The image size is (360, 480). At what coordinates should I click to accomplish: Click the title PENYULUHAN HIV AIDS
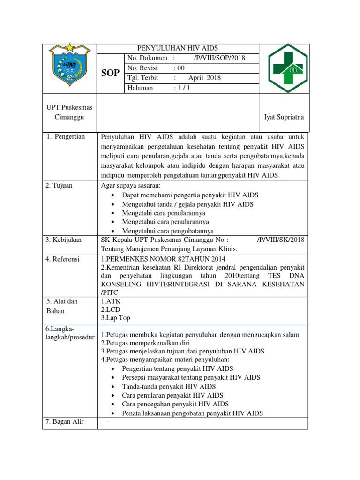click(177, 48)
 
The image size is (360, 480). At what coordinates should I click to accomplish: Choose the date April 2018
click(204, 78)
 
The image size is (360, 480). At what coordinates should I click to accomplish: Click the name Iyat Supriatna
click(284, 117)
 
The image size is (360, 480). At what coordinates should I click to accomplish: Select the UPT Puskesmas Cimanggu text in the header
click(69, 112)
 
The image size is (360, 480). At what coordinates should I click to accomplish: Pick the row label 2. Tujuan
click(59, 185)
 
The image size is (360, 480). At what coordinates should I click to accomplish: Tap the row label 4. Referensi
click(62, 259)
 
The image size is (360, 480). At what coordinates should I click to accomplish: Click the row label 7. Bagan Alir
click(65, 421)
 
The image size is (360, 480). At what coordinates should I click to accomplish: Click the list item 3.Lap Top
click(115, 318)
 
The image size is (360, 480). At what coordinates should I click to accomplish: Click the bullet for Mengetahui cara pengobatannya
click(114, 231)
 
